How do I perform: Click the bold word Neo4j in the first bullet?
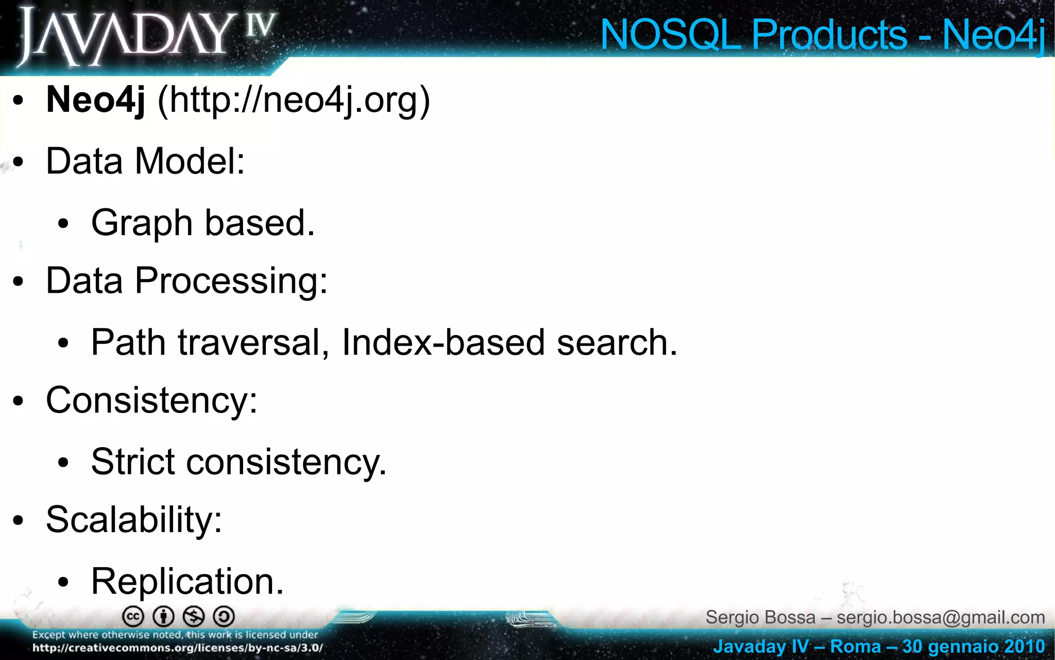point(96,100)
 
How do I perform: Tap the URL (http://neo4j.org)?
point(294,100)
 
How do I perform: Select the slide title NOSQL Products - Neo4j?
point(822,35)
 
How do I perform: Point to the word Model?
point(189,161)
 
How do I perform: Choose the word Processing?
point(231,281)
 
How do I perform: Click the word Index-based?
point(443,342)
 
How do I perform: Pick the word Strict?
point(133,461)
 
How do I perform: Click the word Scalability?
point(133,519)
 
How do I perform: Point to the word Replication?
point(187,581)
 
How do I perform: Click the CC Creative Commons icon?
point(133,617)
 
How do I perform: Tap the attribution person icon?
point(164,617)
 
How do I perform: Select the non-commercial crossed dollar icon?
point(194,617)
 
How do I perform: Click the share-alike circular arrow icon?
point(224,617)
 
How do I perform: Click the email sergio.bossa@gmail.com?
point(941,617)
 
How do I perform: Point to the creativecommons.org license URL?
point(178,648)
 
